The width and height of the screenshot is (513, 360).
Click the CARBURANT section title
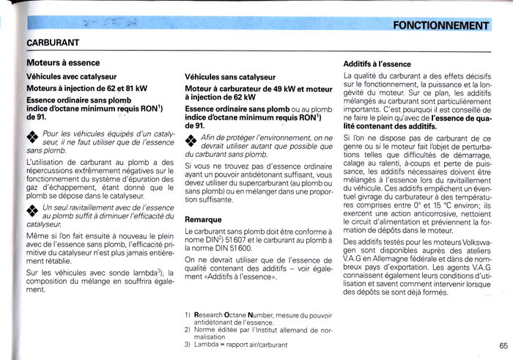point(53,43)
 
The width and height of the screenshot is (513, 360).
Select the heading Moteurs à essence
point(63,64)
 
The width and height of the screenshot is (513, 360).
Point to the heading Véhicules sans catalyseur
point(230,76)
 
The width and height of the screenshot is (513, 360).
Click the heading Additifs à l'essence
point(377,64)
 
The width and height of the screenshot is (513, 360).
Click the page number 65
point(503,346)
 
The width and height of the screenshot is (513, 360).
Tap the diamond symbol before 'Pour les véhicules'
point(32,137)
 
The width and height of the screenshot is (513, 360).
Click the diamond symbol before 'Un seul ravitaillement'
point(32,211)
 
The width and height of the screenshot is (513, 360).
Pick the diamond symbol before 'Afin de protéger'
point(191,142)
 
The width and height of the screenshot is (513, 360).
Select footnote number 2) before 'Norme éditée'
point(188,329)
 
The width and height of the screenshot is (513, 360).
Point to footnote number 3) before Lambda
point(188,344)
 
